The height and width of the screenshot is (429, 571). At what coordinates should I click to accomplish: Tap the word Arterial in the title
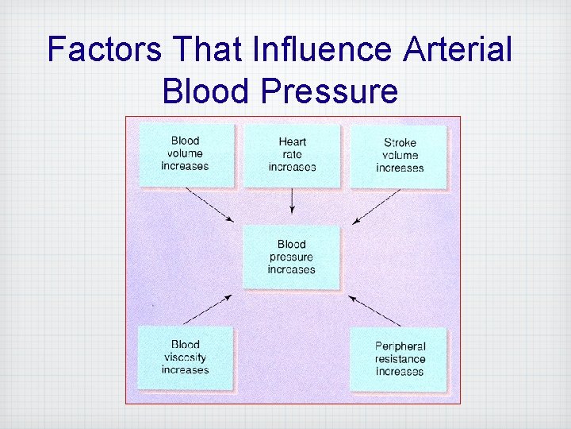[x=458, y=49]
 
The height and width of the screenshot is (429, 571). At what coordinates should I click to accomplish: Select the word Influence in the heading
[x=320, y=49]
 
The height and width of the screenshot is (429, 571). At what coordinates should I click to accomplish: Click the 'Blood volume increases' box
[x=186, y=155]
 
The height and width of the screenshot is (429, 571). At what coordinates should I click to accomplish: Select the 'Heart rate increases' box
[x=292, y=155]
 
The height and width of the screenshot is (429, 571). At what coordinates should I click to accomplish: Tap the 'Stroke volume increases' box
[x=399, y=156]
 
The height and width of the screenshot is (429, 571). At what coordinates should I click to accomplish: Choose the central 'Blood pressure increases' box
[x=291, y=257]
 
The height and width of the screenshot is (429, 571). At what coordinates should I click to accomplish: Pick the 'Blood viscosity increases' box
[x=185, y=357]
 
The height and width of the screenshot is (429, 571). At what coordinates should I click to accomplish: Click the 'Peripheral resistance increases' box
[x=399, y=359]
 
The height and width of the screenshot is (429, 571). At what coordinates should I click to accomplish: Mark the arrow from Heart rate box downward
[x=292, y=201]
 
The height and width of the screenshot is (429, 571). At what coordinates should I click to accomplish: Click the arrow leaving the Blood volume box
[x=209, y=205]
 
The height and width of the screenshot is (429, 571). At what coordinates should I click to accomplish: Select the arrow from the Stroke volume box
[x=377, y=206]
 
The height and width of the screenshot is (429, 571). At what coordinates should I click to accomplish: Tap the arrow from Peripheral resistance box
[x=376, y=310]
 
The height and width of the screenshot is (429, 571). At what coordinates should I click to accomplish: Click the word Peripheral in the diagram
[x=400, y=346]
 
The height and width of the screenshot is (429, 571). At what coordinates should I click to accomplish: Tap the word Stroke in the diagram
[x=400, y=143]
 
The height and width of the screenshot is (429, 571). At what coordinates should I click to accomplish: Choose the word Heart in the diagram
[x=292, y=142]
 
